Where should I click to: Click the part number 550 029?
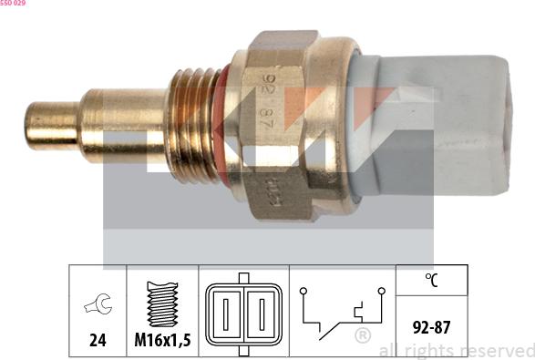13,4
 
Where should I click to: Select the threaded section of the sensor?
191,123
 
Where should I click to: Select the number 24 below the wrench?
98,340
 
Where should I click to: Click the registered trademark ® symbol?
362,336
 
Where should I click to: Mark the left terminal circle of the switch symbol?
304,293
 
